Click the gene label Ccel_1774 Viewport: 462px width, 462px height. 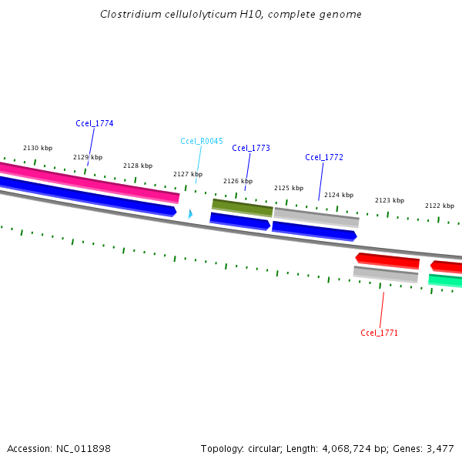95,123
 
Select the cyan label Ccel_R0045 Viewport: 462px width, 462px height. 202,141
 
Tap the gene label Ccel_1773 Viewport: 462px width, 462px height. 251,148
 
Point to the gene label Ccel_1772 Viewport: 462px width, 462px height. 324,157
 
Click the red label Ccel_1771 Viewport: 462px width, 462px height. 380,333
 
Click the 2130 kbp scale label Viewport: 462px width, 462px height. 38,148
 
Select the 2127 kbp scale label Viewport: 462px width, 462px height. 188,174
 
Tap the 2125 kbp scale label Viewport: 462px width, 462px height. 289,188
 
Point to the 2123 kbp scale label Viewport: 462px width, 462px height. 390,200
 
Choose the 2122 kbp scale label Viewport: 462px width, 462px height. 440,206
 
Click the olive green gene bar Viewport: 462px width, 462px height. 243,207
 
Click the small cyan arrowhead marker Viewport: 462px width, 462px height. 190,213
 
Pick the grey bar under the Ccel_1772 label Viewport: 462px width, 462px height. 316,216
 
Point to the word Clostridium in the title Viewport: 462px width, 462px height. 130,15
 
